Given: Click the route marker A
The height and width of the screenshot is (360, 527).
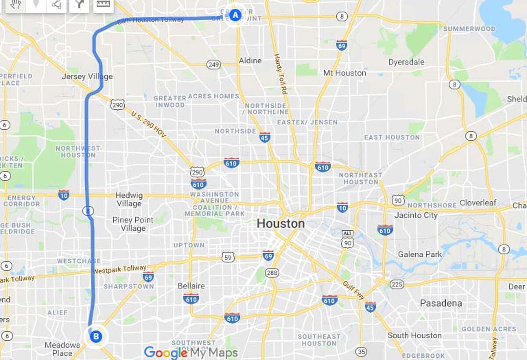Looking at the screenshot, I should (x=235, y=15).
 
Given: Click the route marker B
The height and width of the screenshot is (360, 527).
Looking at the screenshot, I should (x=96, y=337).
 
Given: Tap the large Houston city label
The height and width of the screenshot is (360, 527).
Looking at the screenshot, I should (x=281, y=224).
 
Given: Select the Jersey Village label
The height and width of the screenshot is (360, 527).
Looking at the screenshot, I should (x=87, y=76).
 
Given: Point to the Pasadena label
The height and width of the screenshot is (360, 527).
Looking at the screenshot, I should (x=441, y=303).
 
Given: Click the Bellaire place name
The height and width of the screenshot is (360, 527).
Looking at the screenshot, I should (x=191, y=286).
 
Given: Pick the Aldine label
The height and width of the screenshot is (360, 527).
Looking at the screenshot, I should (x=250, y=61).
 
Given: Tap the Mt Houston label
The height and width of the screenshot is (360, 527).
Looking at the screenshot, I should (x=344, y=73).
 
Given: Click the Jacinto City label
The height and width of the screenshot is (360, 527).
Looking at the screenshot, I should (x=416, y=215).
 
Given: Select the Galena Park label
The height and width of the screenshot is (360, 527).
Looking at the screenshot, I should (x=420, y=255).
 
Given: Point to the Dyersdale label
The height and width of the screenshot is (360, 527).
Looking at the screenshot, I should (x=406, y=62).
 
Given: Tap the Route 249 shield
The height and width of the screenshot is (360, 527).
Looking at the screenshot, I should (x=214, y=65).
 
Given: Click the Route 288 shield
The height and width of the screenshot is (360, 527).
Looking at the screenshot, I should (x=272, y=273).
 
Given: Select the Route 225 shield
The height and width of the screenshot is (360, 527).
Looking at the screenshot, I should (x=397, y=284).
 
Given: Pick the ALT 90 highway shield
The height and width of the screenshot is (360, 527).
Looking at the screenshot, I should (x=347, y=240).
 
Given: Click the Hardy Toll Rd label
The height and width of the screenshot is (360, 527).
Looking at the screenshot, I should (x=280, y=74).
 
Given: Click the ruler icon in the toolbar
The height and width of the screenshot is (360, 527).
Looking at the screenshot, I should (x=103, y=4).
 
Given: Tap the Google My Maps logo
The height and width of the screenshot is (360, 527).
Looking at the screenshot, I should (x=191, y=353).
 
